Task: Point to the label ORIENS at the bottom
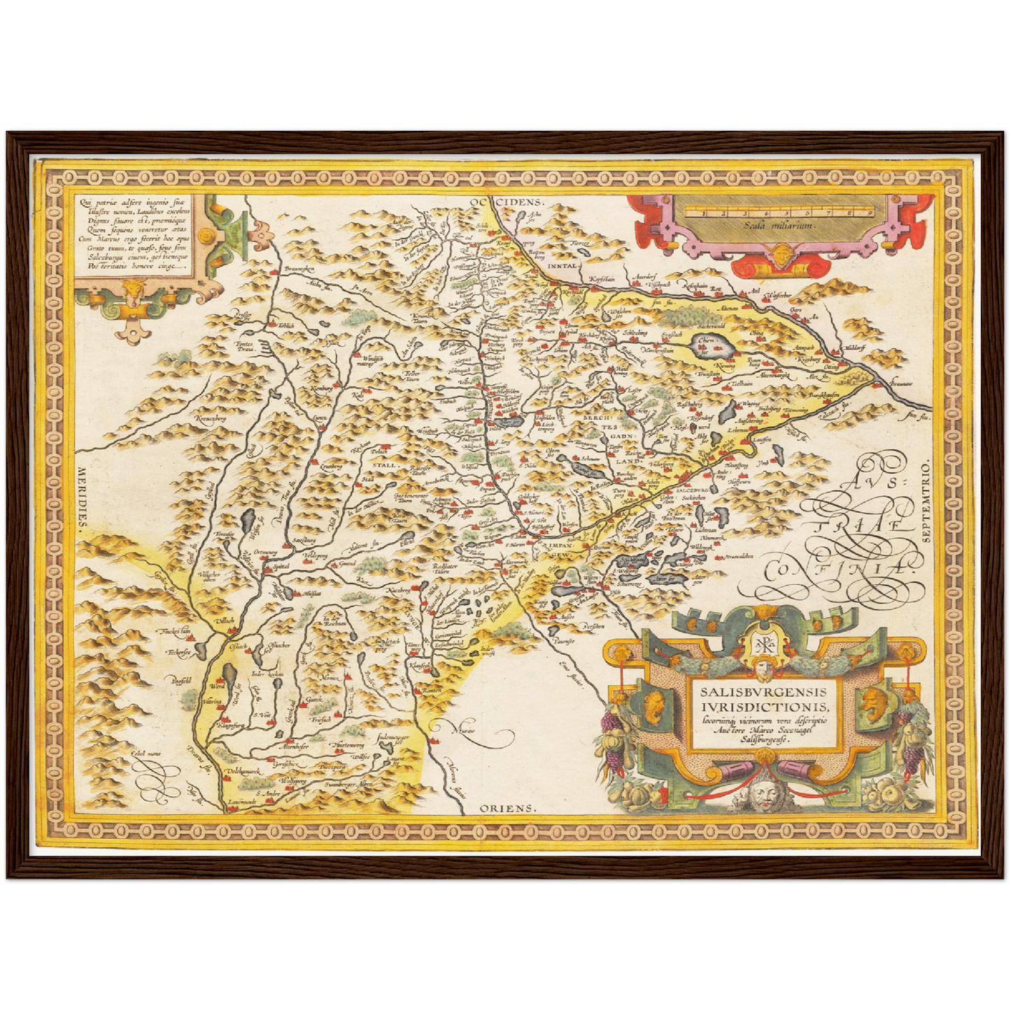click(508, 808)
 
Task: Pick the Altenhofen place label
click(296, 747)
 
